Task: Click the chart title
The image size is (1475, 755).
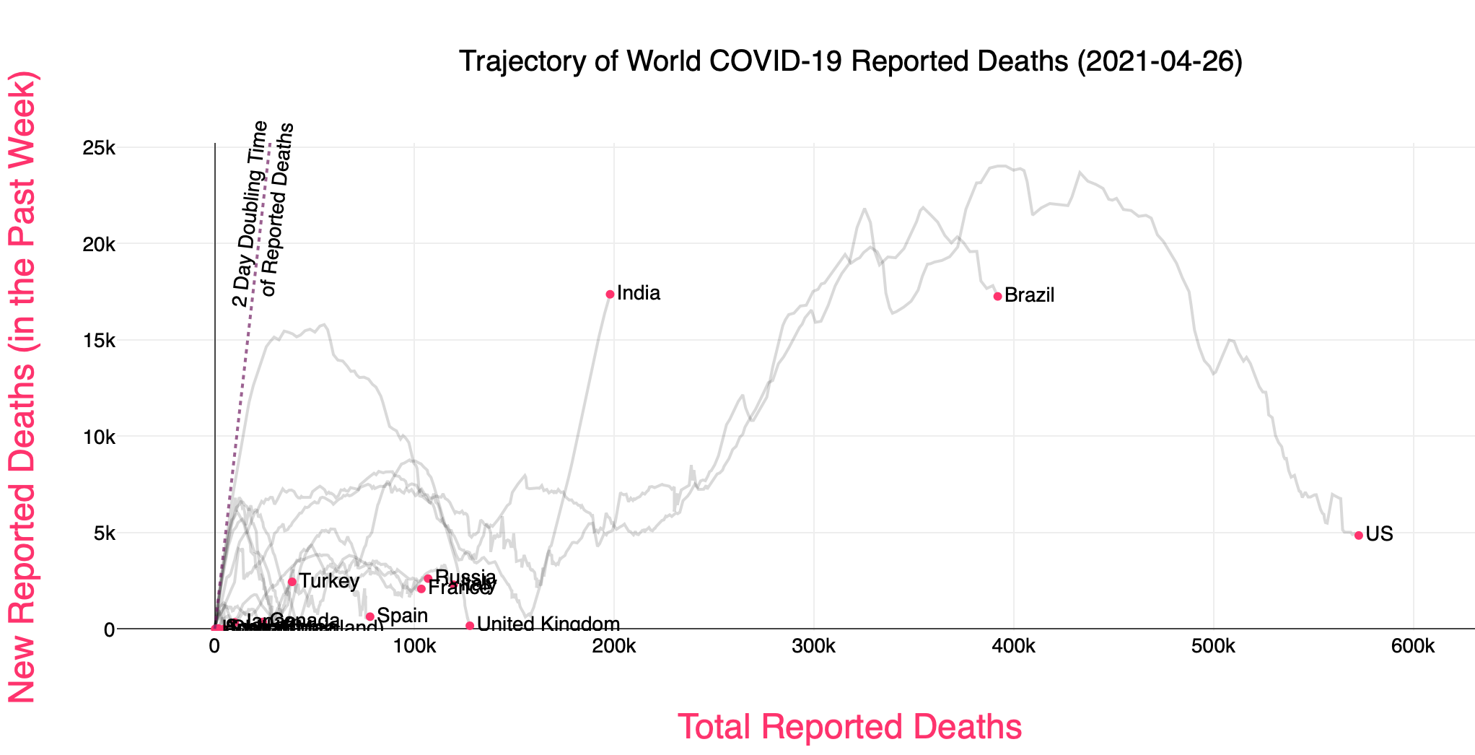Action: point(850,61)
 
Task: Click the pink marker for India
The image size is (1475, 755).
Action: point(610,294)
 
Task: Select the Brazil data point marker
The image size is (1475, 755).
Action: point(997,297)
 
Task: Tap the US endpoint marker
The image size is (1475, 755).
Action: point(1358,536)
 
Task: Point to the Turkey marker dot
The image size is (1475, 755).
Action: point(292,582)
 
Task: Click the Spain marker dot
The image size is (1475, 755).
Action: point(369,616)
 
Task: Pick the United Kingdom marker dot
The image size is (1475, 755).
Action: point(470,626)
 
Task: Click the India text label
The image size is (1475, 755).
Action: point(639,293)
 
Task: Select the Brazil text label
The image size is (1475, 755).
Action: point(1029,295)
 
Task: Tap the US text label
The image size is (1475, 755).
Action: point(1379,534)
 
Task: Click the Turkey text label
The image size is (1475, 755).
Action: point(329,581)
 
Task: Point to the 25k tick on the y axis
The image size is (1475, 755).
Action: point(99,148)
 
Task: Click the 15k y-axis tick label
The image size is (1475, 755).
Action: point(99,341)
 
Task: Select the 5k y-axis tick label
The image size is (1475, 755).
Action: point(103,533)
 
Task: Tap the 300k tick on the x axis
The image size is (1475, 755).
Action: point(813,647)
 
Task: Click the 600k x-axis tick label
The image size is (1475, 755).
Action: point(1412,647)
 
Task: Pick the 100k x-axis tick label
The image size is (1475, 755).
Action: point(414,647)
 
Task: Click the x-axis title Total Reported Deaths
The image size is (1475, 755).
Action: point(849,727)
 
